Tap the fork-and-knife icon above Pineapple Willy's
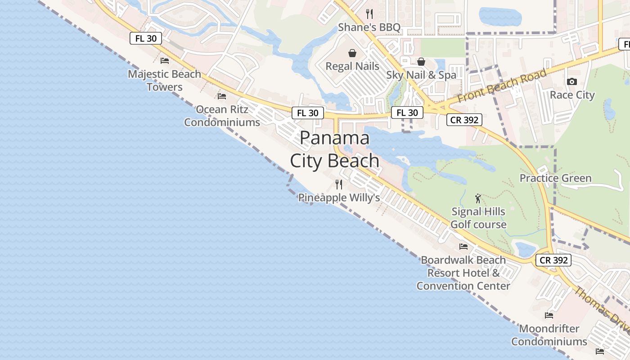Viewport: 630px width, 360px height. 339,184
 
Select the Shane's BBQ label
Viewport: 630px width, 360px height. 369,27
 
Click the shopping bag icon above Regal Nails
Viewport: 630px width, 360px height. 352,53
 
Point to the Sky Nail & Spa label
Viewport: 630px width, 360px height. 421,75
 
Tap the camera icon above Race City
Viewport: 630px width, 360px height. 572,81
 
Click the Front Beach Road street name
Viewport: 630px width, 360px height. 502,85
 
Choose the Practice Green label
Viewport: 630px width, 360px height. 555,178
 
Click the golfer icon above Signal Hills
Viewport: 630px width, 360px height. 478,198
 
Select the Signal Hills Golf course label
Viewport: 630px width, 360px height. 478,218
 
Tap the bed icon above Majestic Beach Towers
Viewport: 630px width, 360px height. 165,60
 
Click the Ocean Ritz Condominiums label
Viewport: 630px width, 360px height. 222,116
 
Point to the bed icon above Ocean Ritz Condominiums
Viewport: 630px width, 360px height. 222,96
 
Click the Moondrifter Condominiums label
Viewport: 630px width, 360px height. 549,335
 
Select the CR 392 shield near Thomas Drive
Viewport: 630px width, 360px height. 553,260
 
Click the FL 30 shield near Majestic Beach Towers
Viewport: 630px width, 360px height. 146,38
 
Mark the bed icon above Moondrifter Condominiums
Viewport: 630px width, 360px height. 549,315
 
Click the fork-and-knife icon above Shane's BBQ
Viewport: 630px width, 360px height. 369,13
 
